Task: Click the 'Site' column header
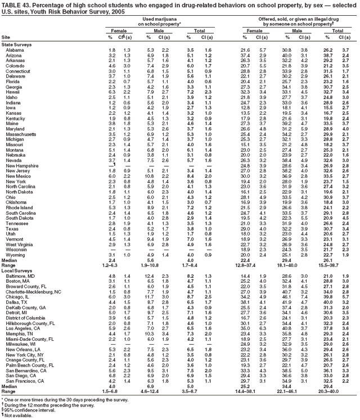pyautogui.click(x=5, y=37)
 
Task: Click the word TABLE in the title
pyautogui.click(x=11, y=4)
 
